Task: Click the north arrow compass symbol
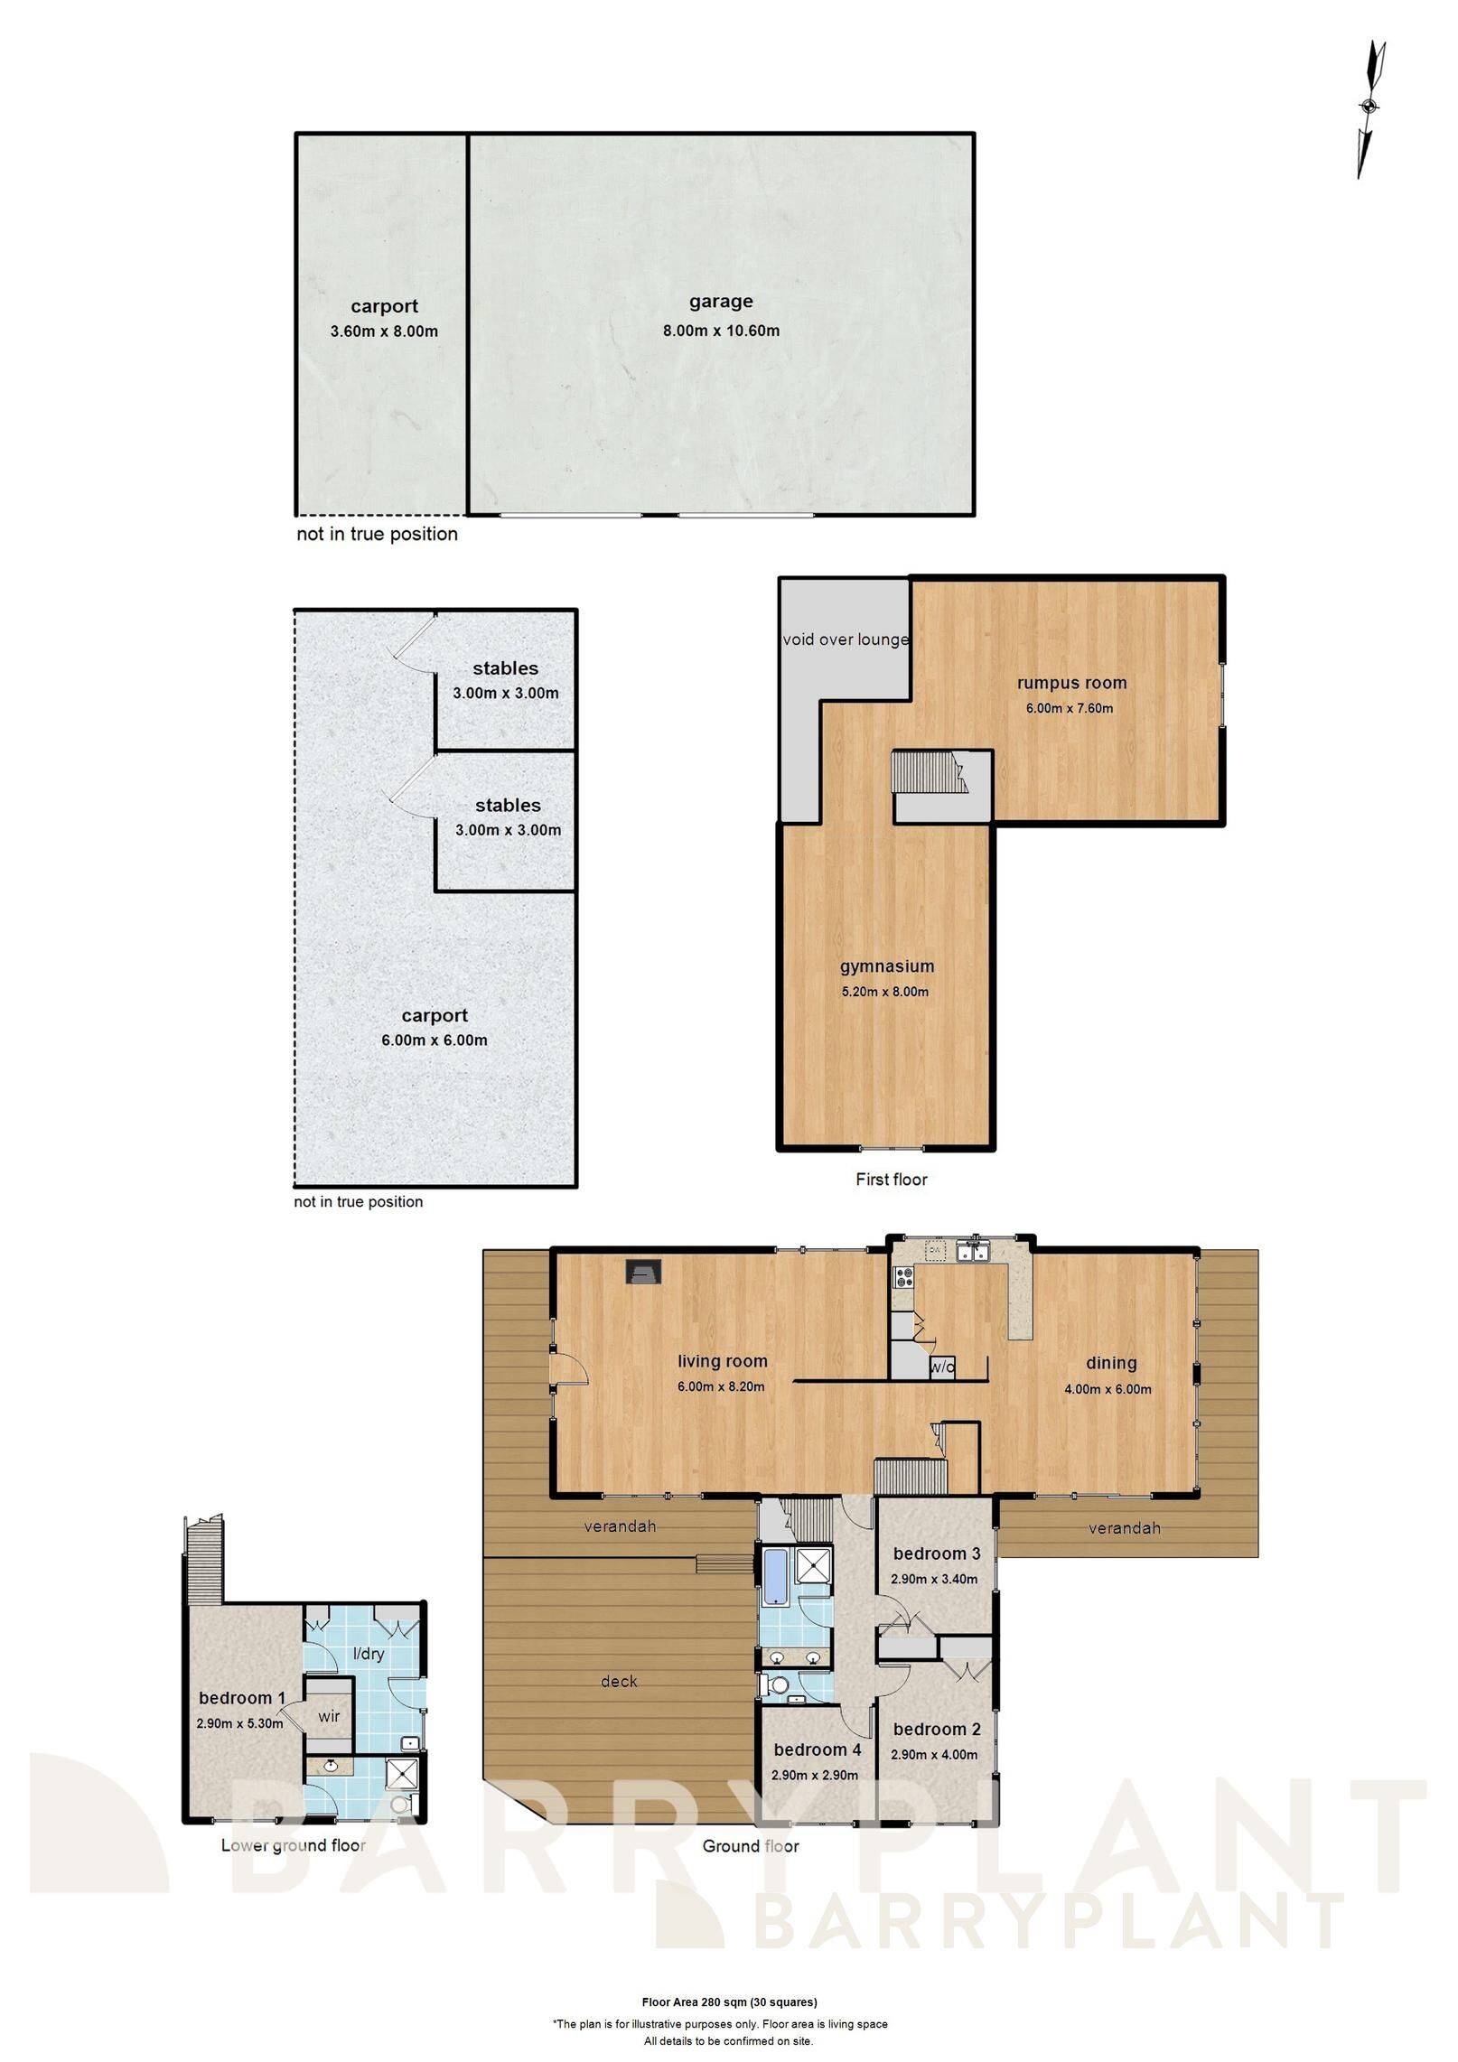pos(1370,107)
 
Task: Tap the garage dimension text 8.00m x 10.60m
pos(721,331)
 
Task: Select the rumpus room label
pos(1070,683)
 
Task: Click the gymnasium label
pos(886,966)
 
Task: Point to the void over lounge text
pos(845,639)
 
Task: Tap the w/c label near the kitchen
pos(942,1367)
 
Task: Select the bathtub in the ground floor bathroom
pos(775,1576)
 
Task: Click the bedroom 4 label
pos(817,1749)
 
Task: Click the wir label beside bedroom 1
pos(329,1715)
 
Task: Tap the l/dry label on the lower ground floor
pos(367,1654)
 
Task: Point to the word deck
pos(619,1681)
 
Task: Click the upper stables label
pos(505,668)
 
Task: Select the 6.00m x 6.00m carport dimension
pos(435,1040)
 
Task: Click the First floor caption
pos(891,1179)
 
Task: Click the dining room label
pos(1110,1363)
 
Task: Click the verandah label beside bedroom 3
pos(1124,1528)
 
